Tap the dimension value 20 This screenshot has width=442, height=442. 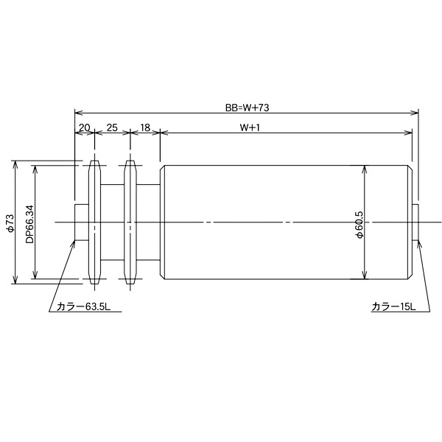coord(84,127)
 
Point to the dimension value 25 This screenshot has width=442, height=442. coord(112,127)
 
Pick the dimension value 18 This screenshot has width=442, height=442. coord(144,127)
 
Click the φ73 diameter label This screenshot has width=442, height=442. coord(10,222)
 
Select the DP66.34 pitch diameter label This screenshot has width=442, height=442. coord(29,222)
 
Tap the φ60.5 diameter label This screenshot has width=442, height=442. coord(359,222)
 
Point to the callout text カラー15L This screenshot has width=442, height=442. coord(393,307)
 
